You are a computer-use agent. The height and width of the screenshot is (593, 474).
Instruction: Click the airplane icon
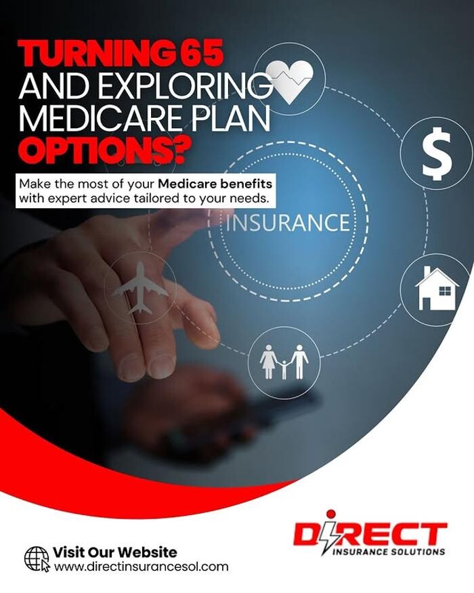point(140,287)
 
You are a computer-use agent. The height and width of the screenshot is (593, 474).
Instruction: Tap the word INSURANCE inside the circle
point(288,223)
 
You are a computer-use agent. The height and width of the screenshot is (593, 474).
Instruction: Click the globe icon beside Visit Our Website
point(36,558)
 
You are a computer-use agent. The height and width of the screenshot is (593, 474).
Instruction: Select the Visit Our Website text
point(114,552)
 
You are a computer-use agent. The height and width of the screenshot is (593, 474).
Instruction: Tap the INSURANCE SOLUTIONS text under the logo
point(389,552)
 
